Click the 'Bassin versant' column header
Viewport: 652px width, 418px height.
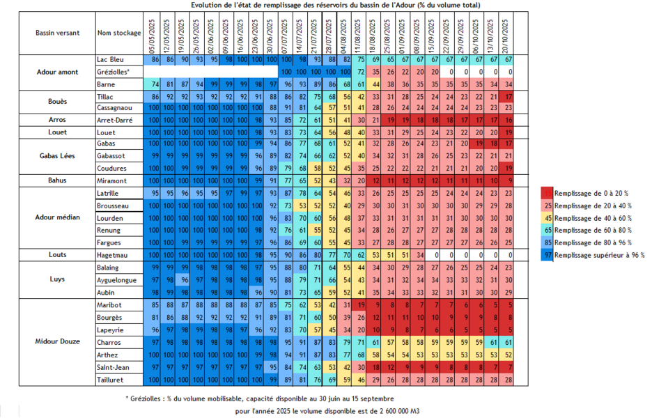tap(58, 33)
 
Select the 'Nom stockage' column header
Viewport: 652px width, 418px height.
tap(119, 33)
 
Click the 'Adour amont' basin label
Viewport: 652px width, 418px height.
tap(58, 72)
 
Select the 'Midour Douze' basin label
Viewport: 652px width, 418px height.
tap(58, 341)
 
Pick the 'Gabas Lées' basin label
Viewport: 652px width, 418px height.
tap(58, 156)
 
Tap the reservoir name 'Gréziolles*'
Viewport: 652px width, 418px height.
tap(114, 72)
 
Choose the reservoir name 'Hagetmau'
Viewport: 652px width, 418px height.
tap(112, 255)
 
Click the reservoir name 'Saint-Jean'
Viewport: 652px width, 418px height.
tap(113, 366)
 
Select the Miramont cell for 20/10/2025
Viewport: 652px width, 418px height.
tap(508, 180)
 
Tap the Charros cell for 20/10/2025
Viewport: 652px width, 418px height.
tap(508, 342)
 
